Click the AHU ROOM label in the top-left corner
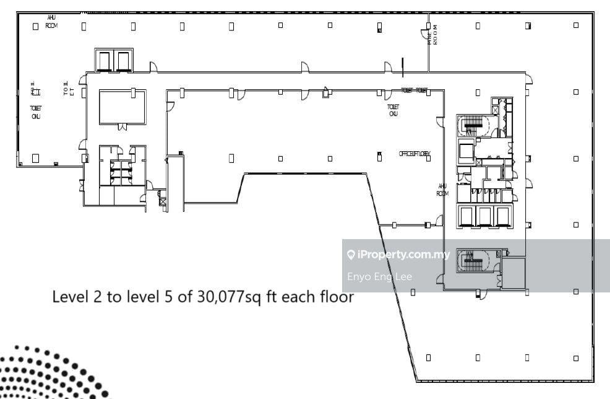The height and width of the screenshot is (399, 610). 51,22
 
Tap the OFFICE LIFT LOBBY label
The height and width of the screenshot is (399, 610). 415,154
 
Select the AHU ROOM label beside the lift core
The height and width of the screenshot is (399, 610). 442,190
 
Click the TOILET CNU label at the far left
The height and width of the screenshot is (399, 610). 36,112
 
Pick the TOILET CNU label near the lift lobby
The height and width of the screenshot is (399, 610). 393,110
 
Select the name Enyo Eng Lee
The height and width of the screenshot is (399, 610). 379,276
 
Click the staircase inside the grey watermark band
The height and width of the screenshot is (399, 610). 473,261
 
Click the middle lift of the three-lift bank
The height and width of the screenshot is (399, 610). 484,216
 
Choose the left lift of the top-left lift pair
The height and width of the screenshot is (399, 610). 104,61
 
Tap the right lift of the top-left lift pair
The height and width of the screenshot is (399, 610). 123,61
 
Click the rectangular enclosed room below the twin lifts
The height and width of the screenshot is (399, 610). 122,107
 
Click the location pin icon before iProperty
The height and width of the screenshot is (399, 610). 351,255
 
